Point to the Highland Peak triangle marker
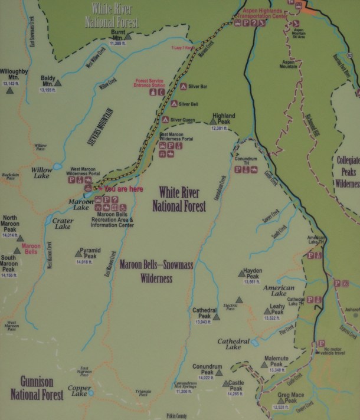pyautogui.click(x=214, y=122)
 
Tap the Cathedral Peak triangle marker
pyautogui.click(x=217, y=317)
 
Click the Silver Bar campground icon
pyautogui.click(x=183, y=87)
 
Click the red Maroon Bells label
pyautogui.click(x=31, y=248)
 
